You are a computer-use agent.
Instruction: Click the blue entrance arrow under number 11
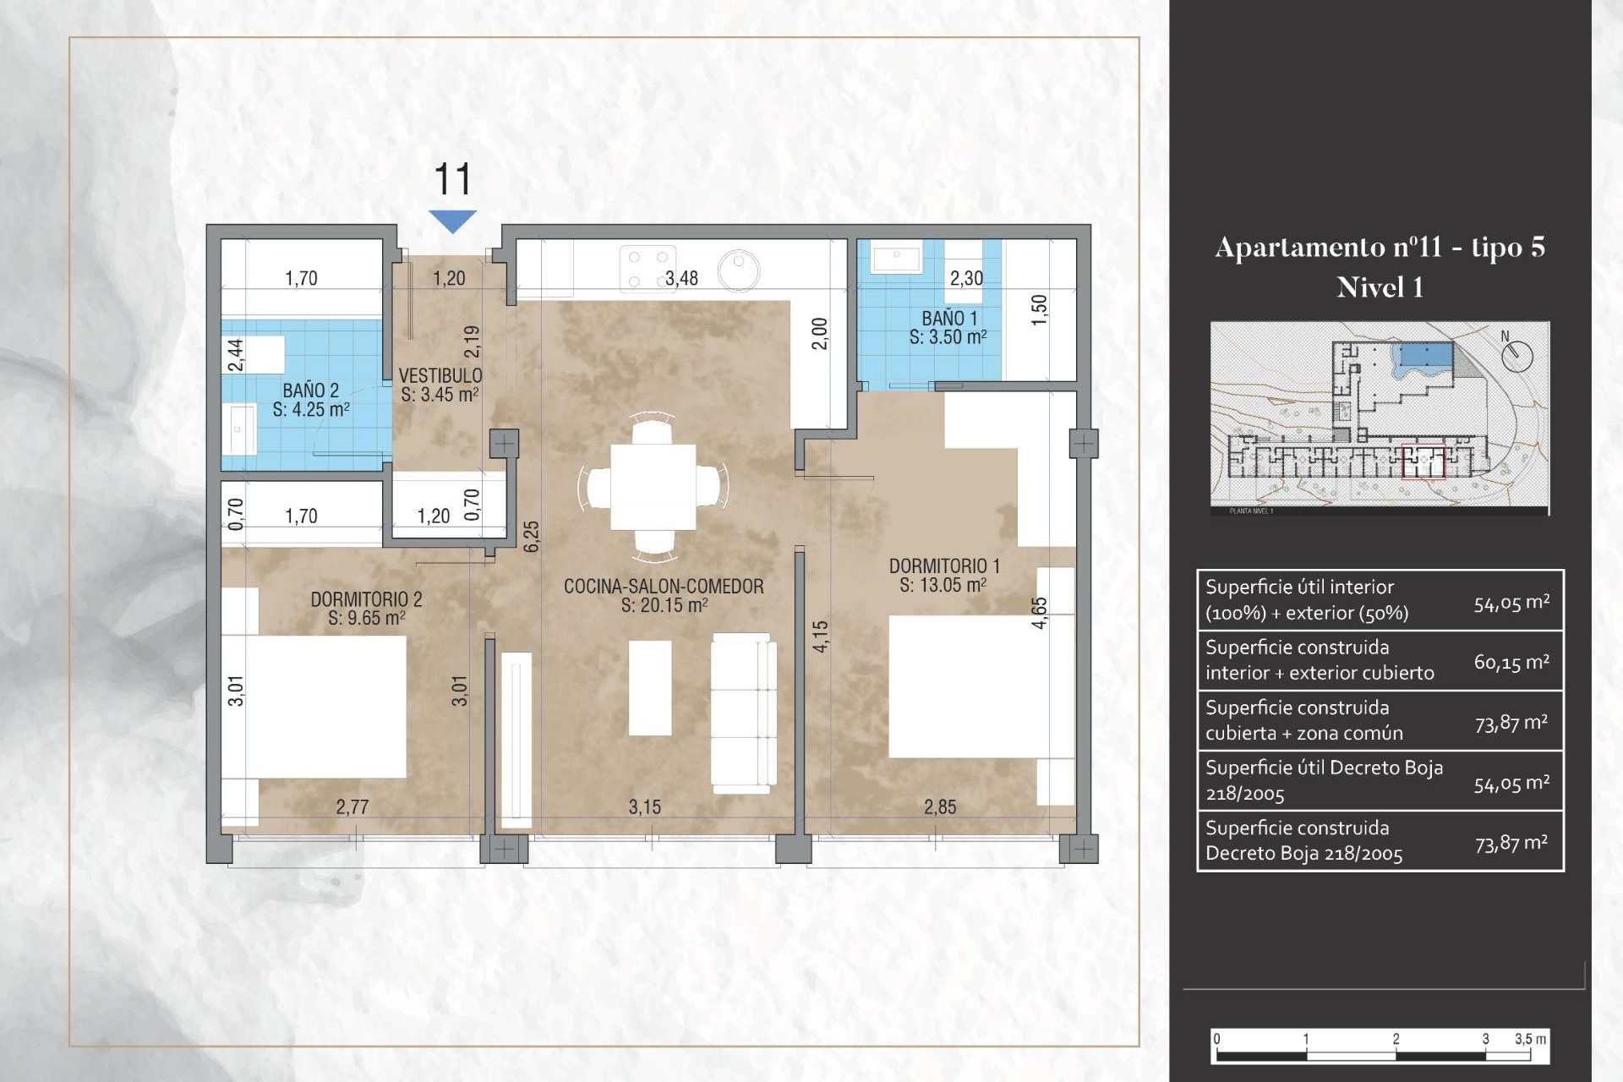(453, 220)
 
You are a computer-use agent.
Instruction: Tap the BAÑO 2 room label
(311, 400)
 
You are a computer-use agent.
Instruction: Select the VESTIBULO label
(440, 385)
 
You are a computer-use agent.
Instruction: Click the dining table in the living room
(653, 487)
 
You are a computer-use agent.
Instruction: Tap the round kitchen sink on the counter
(738, 270)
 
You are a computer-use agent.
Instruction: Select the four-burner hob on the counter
(648, 269)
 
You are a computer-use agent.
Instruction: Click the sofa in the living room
(743, 712)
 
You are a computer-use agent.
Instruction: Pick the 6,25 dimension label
(531, 537)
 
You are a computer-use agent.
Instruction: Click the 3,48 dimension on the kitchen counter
(681, 279)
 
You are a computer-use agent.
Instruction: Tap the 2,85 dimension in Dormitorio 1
(940, 807)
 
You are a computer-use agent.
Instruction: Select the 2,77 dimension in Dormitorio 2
(352, 807)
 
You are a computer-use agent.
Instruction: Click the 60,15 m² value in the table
(1511, 662)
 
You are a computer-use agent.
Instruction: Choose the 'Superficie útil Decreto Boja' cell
(1324, 780)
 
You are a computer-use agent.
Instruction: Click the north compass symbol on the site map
(1516, 354)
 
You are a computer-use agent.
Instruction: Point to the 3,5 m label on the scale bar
(1530, 1039)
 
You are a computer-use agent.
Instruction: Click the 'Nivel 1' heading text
(1380, 288)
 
